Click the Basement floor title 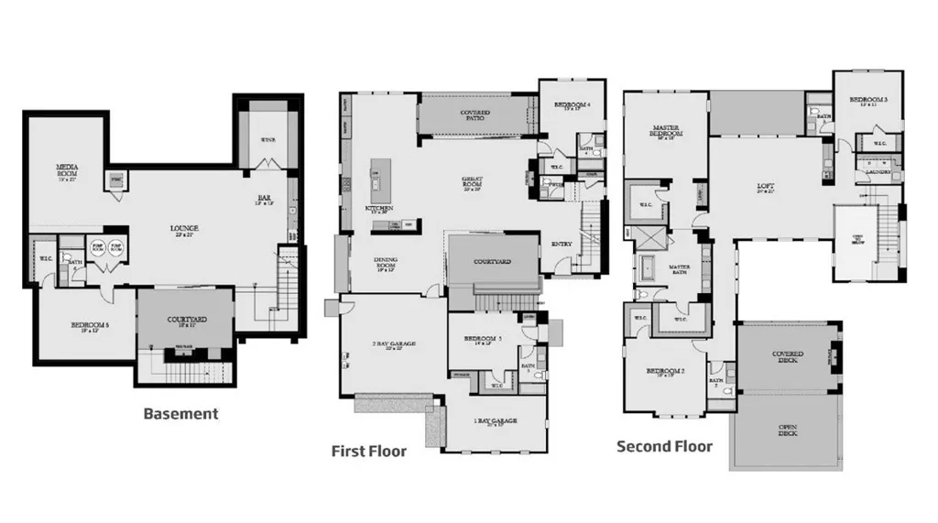click(181, 413)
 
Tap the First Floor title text click(369, 451)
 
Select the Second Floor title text click(664, 446)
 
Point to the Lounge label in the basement click(184, 228)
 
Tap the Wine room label click(268, 140)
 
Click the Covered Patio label click(474, 114)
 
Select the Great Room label click(473, 183)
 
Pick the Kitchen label click(380, 210)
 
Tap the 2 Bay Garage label click(394, 344)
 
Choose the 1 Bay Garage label click(496, 421)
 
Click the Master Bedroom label click(664, 133)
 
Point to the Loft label click(766, 187)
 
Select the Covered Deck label click(788, 356)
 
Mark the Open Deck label click(788, 430)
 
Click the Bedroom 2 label click(666, 372)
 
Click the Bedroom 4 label click(572, 106)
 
